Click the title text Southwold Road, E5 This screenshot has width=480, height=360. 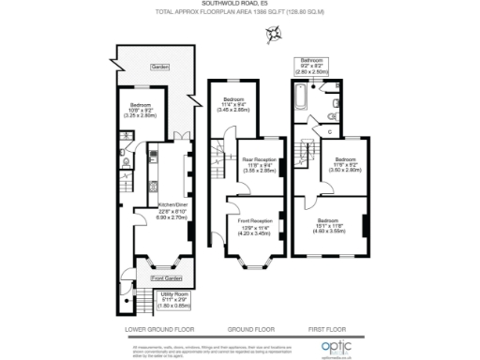239,4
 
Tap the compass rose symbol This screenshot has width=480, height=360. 274,36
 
